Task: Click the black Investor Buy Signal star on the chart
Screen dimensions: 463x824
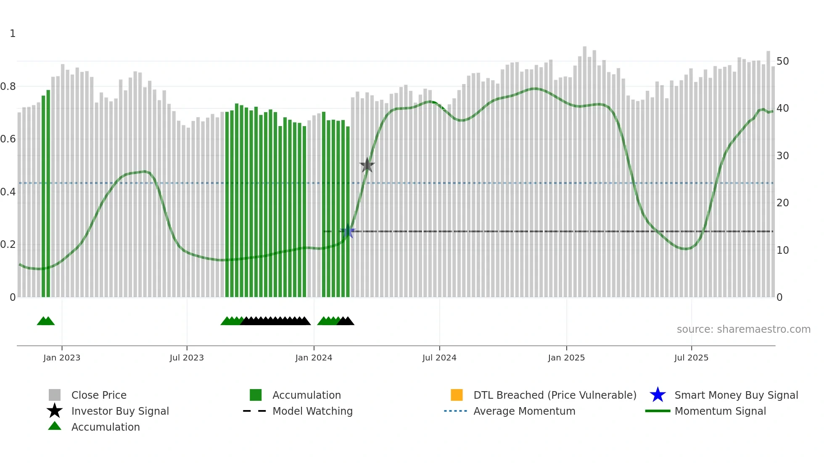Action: click(x=367, y=165)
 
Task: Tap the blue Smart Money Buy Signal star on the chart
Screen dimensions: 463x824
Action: click(x=348, y=232)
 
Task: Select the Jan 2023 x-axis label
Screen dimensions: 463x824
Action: click(x=62, y=358)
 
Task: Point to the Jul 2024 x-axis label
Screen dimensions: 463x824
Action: click(x=439, y=358)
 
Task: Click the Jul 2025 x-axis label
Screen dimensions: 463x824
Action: click(x=691, y=358)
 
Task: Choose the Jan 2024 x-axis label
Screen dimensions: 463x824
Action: click(x=314, y=358)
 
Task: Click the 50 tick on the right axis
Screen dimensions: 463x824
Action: click(x=782, y=61)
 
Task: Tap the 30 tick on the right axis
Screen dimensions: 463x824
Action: click(x=782, y=156)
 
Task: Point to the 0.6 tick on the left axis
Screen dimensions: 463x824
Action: click(x=8, y=139)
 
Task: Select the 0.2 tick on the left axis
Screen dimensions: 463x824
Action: click(x=8, y=245)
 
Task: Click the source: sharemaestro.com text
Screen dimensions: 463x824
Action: click(x=743, y=329)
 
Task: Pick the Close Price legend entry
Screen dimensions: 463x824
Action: click(x=99, y=395)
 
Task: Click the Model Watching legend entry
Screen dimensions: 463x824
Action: click(x=312, y=411)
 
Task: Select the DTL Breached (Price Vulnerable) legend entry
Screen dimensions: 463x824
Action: click(x=555, y=395)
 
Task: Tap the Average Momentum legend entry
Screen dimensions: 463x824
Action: click(x=524, y=411)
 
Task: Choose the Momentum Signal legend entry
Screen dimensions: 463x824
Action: click(x=720, y=411)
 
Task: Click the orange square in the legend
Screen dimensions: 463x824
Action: click(x=457, y=395)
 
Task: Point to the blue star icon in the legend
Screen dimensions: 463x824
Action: click(x=658, y=395)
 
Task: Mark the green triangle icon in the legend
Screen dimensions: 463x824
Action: click(x=55, y=426)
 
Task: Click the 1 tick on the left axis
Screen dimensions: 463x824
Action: click(x=13, y=34)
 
